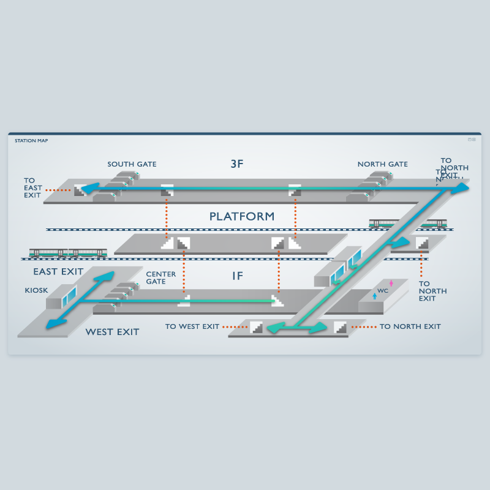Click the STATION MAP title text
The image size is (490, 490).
coord(31,140)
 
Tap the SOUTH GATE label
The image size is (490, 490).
coord(132,164)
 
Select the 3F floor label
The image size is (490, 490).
coord(237,164)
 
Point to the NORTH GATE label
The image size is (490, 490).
coord(382,164)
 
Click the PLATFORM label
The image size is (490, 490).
coord(241,216)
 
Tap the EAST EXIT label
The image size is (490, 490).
coord(58,271)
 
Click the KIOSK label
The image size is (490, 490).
coord(36,290)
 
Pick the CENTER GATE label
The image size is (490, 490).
coord(160,278)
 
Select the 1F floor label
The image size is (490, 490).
coord(238,276)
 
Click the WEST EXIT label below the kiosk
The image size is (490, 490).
coord(112,332)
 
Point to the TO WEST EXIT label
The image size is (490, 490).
coord(192,326)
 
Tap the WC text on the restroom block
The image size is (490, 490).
coord(383,291)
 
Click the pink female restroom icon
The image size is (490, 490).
coord(391,283)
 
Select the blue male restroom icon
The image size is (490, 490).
coord(375,296)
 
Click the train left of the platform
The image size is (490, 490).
coord(68,253)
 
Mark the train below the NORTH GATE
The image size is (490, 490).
coord(407,224)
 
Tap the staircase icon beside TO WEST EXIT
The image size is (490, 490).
coord(257,328)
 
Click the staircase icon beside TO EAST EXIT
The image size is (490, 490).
coord(80,190)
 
